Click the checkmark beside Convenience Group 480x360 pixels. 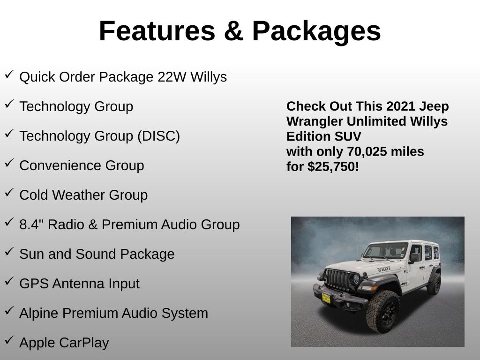(x=9, y=163)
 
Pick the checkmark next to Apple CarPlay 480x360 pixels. (x=9, y=340)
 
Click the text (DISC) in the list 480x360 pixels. (x=158, y=136)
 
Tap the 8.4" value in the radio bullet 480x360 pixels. (x=31, y=225)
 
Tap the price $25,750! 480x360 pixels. (x=333, y=166)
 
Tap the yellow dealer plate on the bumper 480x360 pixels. (x=326, y=298)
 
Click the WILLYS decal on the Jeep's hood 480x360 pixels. (x=384, y=269)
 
